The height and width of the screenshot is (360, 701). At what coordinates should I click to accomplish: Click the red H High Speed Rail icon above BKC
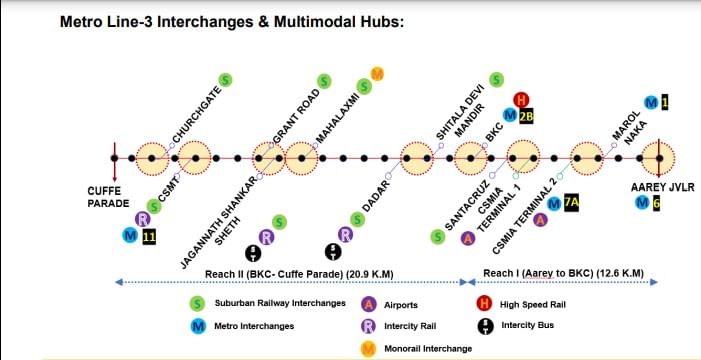[520, 99]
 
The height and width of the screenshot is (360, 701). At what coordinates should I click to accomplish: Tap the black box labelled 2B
[527, 116]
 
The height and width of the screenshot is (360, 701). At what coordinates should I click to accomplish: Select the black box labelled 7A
[571, 203]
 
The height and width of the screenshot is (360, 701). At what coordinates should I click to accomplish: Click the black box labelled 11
[149, 236]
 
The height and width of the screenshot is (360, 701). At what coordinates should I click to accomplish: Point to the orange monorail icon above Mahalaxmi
[377, 74]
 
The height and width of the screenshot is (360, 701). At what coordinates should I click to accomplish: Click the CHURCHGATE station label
[197, 116]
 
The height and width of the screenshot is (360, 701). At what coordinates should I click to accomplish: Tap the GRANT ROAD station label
[296, 117]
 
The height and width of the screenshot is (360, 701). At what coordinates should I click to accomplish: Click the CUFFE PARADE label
[108, 197]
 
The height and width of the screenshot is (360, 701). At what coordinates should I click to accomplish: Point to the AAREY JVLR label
[663, 187]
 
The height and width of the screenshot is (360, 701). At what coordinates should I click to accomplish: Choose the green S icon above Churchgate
[226, 80]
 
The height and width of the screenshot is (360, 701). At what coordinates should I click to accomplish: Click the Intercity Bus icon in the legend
[485, 326]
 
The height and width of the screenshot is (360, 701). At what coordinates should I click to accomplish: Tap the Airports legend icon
[368, 305]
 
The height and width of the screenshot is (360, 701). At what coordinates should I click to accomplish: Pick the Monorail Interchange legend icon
[368, 348]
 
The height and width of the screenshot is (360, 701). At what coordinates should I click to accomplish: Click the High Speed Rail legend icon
[485, 305]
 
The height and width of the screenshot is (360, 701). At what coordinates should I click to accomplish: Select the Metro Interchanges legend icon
[198, 326]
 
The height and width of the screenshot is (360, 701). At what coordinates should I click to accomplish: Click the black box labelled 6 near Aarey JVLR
[656, 203]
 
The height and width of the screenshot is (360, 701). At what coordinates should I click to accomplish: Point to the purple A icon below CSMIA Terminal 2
[541, 220]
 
